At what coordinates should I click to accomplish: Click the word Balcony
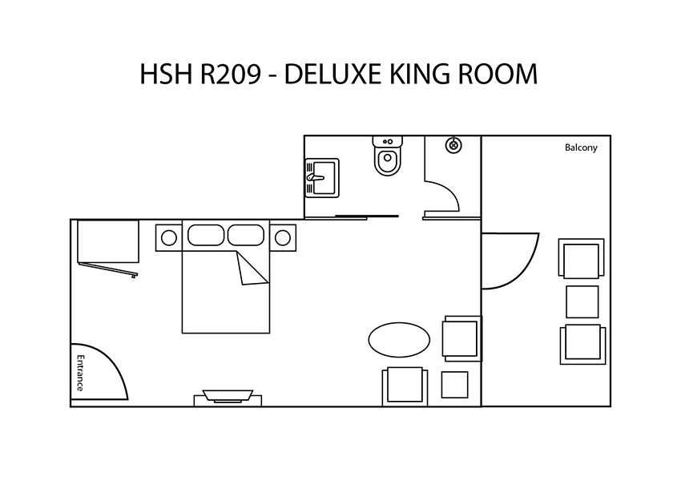point(581,148)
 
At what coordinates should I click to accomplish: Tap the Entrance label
point(80,373)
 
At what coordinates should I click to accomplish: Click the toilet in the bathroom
point(388,156)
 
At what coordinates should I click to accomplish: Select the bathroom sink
point(322,178)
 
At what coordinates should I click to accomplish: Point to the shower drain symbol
point(453,145)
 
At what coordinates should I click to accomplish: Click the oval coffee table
point(399,340)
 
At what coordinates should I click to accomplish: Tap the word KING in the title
point(419,74)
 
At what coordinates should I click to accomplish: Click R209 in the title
point(231,74)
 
